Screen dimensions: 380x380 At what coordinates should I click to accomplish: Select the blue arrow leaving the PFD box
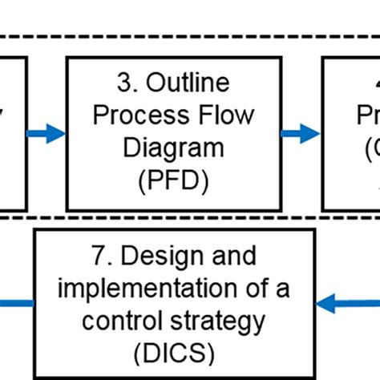[301, 134]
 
